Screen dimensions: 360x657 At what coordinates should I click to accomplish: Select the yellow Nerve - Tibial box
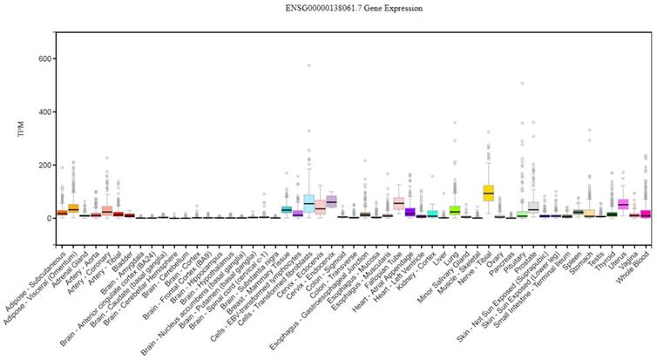coord(488,192)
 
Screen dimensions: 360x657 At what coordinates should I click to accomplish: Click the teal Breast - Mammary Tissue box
coord(286,209)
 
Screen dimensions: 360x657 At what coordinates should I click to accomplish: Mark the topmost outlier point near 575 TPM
coord(308,65)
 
